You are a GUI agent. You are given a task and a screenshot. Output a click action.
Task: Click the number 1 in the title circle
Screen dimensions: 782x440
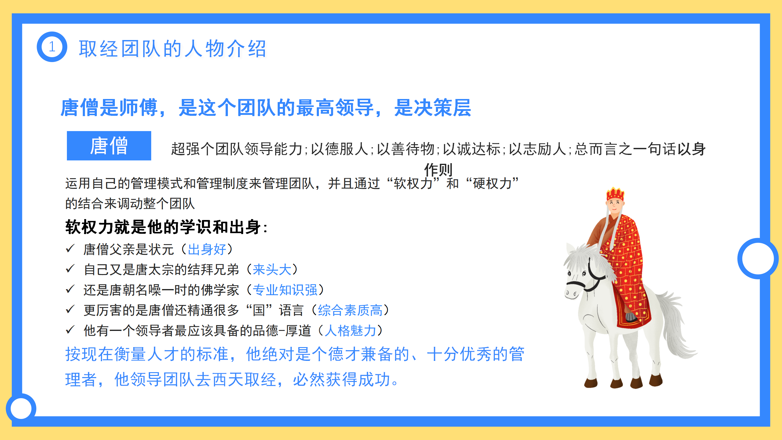(52, 47)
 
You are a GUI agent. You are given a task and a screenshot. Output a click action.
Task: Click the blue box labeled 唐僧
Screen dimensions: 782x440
(109, 146)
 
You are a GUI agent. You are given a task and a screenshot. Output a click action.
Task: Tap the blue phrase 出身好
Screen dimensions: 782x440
(207, 249)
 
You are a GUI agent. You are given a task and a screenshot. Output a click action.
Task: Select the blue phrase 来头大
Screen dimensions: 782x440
(272, 269)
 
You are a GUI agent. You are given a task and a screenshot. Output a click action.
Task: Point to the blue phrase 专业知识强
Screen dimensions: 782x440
(285, 290)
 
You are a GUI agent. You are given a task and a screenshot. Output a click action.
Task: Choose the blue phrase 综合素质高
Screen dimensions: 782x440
(350, 310)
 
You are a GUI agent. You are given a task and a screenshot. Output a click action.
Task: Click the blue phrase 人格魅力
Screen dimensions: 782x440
(350, 331)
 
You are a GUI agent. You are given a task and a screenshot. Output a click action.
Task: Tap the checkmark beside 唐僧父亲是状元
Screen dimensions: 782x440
(70, 248)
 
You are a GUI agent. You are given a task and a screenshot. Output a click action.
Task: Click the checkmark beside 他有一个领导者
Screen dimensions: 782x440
(70, 330)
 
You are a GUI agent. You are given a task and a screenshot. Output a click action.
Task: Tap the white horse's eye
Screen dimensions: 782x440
(584, 273)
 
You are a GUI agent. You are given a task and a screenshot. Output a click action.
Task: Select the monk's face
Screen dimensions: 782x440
(615, 205)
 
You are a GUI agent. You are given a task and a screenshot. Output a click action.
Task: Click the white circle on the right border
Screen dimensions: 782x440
(758, 258)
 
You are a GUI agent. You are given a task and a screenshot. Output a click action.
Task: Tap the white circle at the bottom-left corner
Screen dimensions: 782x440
(21, 409)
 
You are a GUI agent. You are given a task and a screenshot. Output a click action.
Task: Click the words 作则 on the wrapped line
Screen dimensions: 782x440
(438, 169)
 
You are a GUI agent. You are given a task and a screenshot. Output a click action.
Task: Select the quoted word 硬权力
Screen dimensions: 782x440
(492, 183)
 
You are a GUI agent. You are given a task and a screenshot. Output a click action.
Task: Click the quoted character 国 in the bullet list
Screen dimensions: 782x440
(259, 310)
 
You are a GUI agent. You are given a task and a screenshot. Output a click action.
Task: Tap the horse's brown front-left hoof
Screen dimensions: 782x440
(591, 383)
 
